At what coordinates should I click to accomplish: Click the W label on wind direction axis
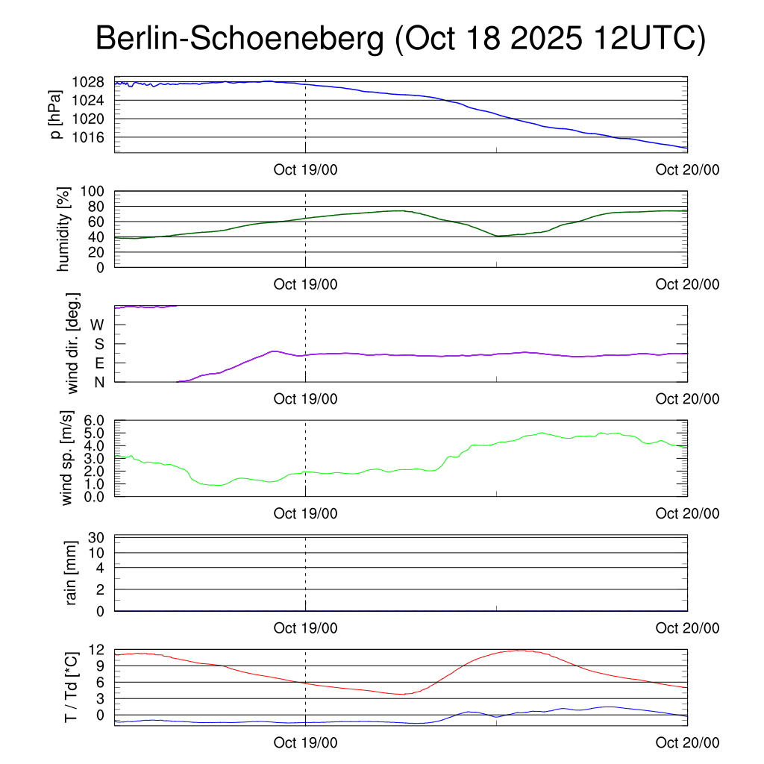(97, 325)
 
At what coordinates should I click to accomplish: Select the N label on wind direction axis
(99, 381)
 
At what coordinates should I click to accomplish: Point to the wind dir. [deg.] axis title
(73, 342)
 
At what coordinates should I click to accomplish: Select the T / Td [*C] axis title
(72, 687)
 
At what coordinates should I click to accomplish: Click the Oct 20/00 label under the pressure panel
(687, 170)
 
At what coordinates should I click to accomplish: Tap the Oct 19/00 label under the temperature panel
(305, 743)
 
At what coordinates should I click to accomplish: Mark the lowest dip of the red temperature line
(402, 695)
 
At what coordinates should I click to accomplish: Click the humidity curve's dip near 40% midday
(497, 236)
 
